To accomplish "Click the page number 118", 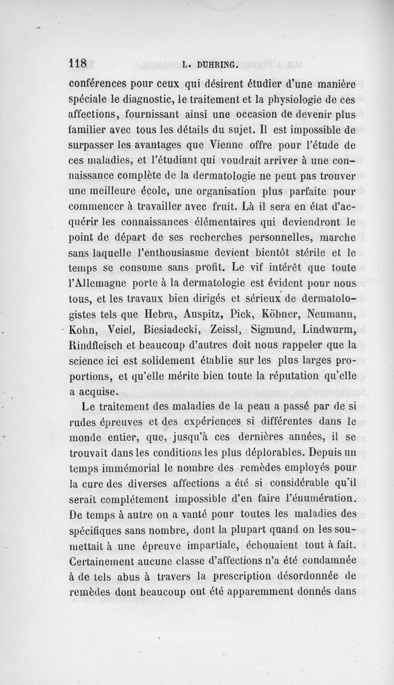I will click(77, 63).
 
